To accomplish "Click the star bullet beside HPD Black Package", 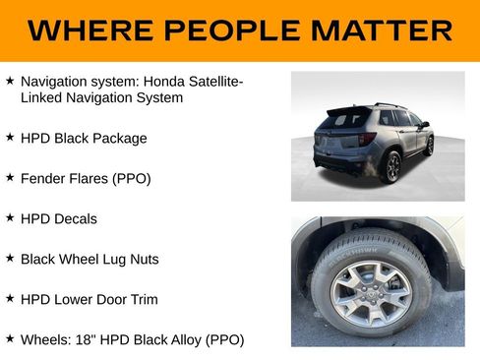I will pyautogui.click(x=10, y=138).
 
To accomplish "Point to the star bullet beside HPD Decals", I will pyautogui.click(x=10, y=218).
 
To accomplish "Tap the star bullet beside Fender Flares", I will pyautogui.click(x=10, y=178).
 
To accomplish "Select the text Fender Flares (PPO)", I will pyautogui.click(x=86, y=178).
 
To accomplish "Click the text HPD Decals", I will pyautogui.click(x=59, y=218).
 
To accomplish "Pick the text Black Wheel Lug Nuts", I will pyautogui.click(x=90, y=259).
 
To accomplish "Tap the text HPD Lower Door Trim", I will pyautogui.click(x=90, y=299).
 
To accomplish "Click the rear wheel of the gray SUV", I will pyautogui.click(x=393, y=166).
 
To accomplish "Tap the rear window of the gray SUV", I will pyautogui.click(x=350, y=119).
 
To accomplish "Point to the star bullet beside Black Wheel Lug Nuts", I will pyautogui.click(x=10, y=259).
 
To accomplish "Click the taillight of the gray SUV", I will pyautogui.click(x=366, y=140).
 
